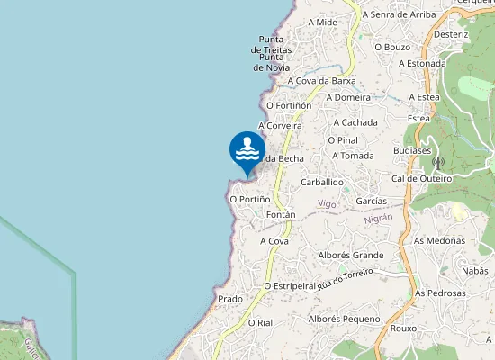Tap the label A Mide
(x=322, y=22)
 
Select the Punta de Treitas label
(x=271, y=44)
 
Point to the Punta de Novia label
(x=271, y=62)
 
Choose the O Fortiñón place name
(x=289, y=105)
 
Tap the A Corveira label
(x=280, y=126)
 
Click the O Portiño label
(x=250, y=199)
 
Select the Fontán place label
(x=281, y=216)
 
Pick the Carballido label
(x=322, y=182)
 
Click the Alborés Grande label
(x=351, y=255)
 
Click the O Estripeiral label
(x=292, y=285)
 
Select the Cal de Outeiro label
(x=422, y=178)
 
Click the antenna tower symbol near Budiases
(x=438, y=164)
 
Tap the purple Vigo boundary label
(x=328, y=205)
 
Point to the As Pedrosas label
(x=440, y=293)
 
